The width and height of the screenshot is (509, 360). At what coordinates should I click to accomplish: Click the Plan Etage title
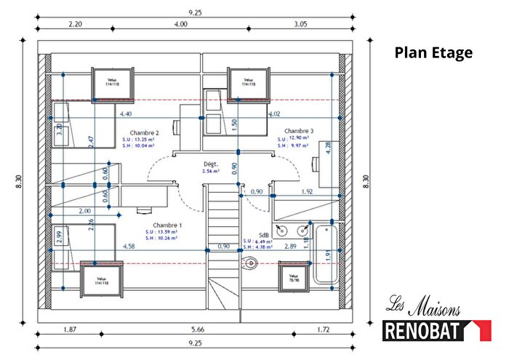pyautogui.click(x=433, y=52)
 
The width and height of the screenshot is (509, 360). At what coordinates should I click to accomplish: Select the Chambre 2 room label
pyautogui.click(x=145, y=133)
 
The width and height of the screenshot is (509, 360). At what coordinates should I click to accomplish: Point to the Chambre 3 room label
pyautogui.click(x=299, y=131)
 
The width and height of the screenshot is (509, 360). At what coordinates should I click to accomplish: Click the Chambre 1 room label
pyautogui.click(x=167, y=226)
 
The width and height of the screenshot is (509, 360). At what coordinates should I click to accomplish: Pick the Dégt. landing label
pyautogui.click(x=212, y=164)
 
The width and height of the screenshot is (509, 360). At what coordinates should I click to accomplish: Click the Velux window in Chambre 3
pyautogui.click(x=249, y=82)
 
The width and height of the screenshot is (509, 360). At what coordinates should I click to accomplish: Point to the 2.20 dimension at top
pyautogui.click(x=76, y=24)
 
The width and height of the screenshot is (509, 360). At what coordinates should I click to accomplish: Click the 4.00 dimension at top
pyautogui.click(x=182, y=24)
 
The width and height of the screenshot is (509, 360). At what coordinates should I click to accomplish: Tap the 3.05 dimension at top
pyautogui.click(x=301, y=24)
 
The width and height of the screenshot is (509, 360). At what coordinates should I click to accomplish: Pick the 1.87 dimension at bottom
pyautogui.click(x=71, y=329)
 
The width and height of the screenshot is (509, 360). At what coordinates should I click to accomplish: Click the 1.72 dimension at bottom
pyautogui.click(x=323, y=329)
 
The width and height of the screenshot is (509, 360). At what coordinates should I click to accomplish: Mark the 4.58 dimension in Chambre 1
pyautogui.click(x=129, y=247)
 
